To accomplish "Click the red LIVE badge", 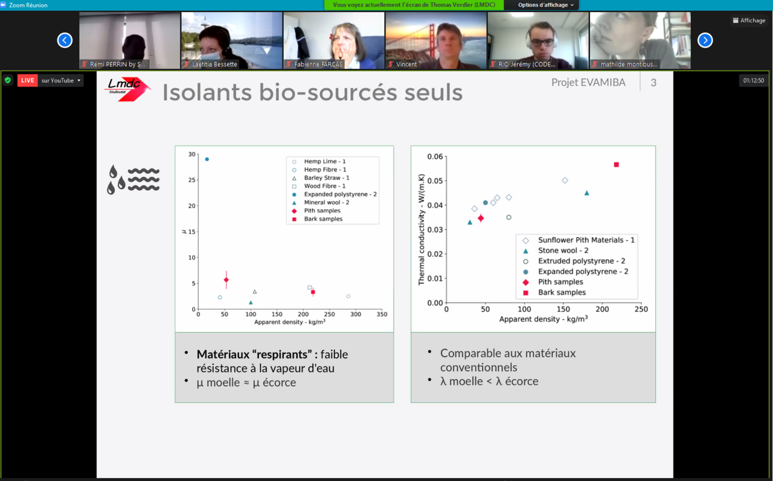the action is click(28, 80).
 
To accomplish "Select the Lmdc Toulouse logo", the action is click(127, 89).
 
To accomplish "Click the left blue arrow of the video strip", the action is click(65, 40).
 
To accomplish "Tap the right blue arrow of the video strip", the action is click(705, 40).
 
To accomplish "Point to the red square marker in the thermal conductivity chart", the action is click(617, 165).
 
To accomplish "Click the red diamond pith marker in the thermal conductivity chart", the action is click(481, 218).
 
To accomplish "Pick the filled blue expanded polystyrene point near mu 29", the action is click(207, 159).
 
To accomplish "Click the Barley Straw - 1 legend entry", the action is click(321, 178).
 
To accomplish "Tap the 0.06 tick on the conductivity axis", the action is click(435, 157).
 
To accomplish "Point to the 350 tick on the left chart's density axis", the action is click(382, 314).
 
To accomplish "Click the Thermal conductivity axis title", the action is click(421, 230).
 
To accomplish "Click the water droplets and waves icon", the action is click(133, 179).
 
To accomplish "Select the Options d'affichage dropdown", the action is click(545, 5).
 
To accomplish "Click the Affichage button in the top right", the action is click(749, 21).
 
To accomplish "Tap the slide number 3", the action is click(653, 83).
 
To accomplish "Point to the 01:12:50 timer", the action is click(754, 80).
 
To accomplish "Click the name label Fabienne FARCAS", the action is click(318, 64).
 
